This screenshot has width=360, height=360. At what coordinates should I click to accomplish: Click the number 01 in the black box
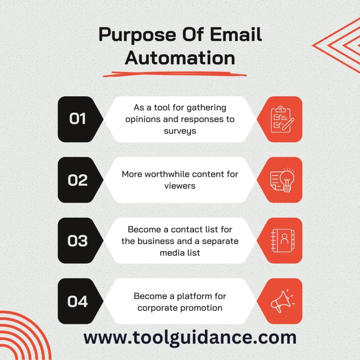[78, 119]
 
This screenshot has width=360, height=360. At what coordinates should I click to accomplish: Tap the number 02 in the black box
[78, 180]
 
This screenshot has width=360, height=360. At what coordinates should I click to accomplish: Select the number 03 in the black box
[78, 241]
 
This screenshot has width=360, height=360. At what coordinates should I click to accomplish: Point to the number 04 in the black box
[78, 302]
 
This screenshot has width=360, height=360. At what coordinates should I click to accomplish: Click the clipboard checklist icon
[282, 119]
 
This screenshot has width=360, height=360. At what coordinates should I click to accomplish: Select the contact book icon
[282, 241]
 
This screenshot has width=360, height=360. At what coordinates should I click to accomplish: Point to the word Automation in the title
[180, 58]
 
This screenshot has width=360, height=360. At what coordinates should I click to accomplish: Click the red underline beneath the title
[175, 74]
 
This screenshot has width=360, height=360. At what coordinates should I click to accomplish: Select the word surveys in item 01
[180, 131]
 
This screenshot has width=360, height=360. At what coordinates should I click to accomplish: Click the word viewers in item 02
[180, 186]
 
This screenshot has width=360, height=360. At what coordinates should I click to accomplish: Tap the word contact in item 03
[187, 230]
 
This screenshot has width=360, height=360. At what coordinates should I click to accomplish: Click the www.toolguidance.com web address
[190, 337]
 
